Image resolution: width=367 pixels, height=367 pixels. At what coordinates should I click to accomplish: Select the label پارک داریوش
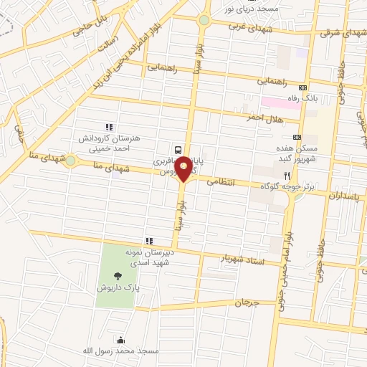tap(118, 287)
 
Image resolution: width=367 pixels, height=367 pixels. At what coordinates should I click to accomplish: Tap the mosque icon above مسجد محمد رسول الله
tap(119, 339)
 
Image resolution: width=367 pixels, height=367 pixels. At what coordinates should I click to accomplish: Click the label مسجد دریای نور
tap(249, 9)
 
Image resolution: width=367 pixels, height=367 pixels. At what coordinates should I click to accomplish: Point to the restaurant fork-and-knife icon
tap(287, 175)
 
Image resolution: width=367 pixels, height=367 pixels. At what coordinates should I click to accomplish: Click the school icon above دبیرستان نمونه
tap(148, 241)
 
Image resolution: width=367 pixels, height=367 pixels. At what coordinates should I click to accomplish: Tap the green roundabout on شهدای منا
tap(70, 161)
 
